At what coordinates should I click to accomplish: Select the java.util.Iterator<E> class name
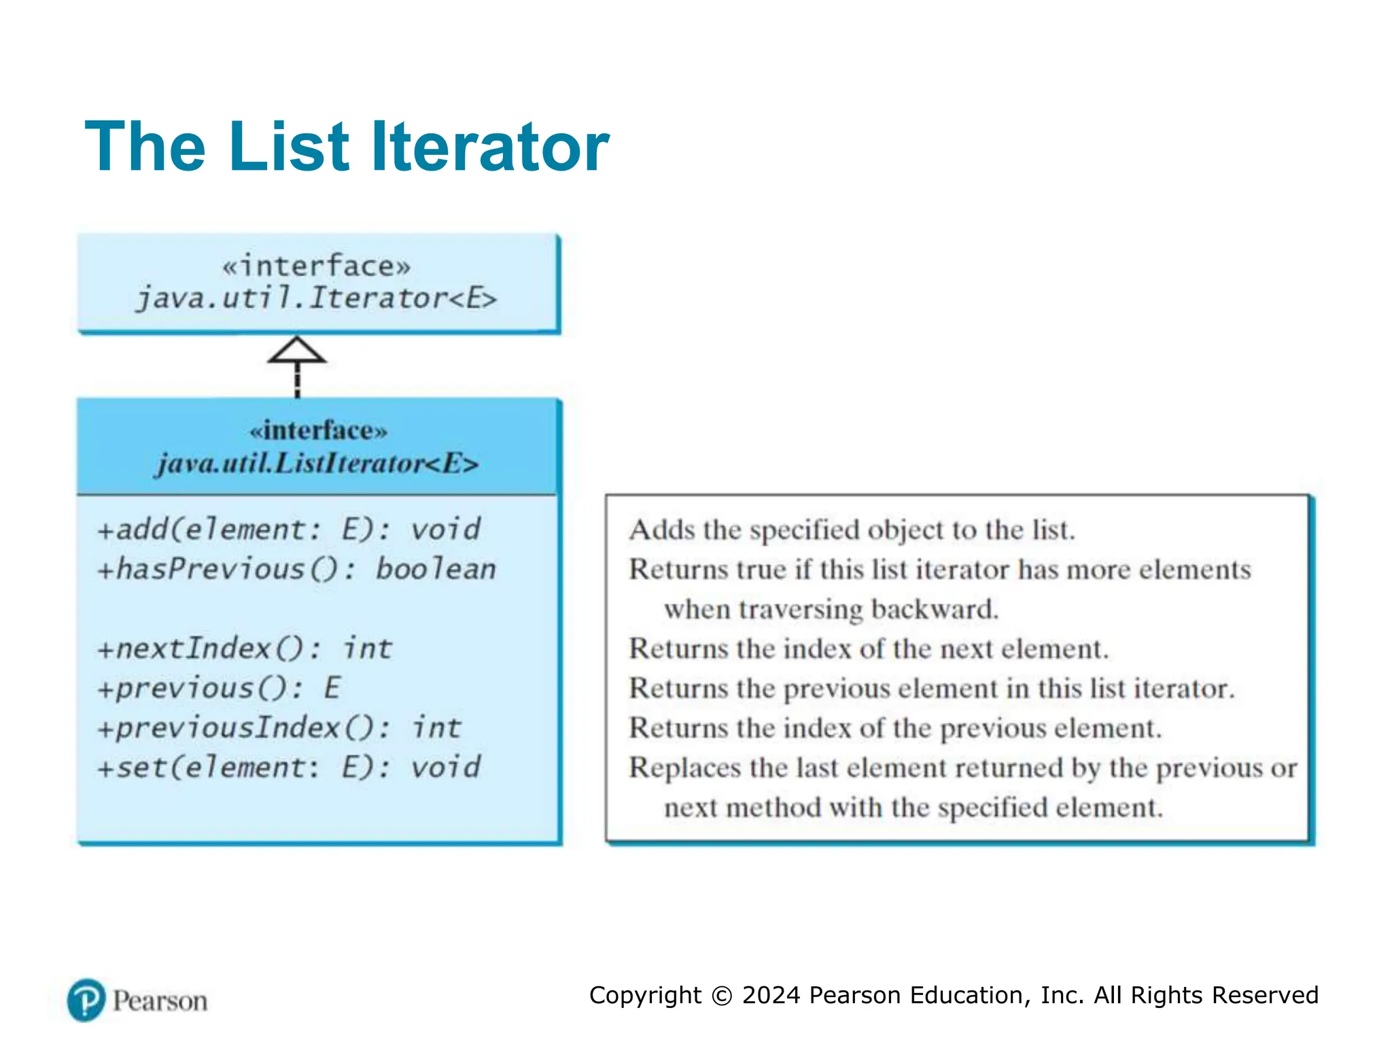pos(317,298)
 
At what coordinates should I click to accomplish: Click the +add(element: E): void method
pos(289,529)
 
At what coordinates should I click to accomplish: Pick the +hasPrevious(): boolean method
pos(296,569)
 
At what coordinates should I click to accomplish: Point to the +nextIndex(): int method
pos(245,648)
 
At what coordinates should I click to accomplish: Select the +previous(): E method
pos(219,688)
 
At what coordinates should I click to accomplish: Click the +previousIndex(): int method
pos(279,728)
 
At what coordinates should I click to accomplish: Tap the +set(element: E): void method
pos(289,767)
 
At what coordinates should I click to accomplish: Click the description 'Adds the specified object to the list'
pos(852,529)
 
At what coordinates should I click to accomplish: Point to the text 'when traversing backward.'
pos(831,609)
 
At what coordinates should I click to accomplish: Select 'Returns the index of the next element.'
pos(868,648)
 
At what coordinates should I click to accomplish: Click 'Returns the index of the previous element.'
pos(895,728)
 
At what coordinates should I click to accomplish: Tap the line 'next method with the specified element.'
pos(913,807)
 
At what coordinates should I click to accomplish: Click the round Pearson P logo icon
pos(86,1000)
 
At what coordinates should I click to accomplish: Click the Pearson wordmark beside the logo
pos(160,1001)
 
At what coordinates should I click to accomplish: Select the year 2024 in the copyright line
pos(771,995)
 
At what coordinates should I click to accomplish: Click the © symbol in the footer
pos(721,996)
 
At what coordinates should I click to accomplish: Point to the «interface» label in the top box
pos(317,266)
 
